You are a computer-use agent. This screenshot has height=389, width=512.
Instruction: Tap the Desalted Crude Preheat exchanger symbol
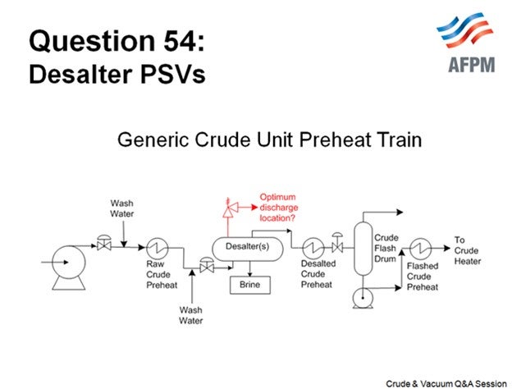pyautogui.click(x=312, y=245)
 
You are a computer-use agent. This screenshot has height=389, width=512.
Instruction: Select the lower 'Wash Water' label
pyautogui.click(x=190, y=315)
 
